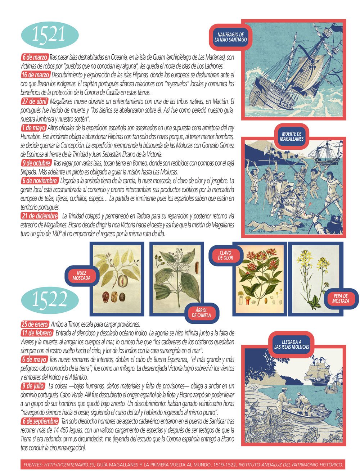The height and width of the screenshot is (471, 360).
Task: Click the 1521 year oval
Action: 50,35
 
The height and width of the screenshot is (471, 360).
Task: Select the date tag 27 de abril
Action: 34,101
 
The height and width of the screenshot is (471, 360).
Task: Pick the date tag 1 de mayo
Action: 33,128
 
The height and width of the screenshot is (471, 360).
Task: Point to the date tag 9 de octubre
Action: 36,163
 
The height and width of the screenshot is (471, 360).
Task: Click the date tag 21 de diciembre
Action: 40,216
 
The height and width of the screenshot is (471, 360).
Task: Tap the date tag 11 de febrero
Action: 37,332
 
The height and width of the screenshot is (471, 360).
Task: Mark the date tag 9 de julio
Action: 33,386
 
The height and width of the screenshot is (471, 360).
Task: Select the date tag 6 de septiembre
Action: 40,421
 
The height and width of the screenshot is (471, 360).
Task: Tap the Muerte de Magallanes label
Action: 292,136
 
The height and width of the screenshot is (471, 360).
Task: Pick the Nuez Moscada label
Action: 81,276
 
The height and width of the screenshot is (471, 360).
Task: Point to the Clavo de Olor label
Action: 226,255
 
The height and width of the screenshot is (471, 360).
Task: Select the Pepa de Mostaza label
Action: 340,298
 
